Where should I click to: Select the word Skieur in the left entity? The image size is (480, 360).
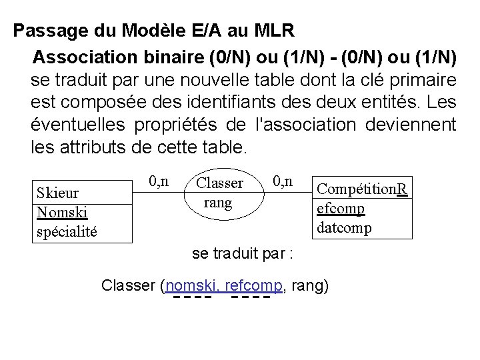[x=57, y=193]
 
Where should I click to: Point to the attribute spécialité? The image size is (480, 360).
[x=67, y=231]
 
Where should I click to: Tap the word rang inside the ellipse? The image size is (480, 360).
[x=218, y=201]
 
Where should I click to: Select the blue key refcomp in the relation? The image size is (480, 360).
[x=255, y=286]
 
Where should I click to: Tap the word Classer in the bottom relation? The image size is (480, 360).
[x=129, y=286]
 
